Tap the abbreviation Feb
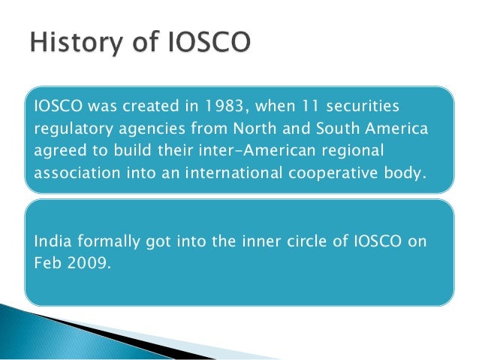click(47, 264)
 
